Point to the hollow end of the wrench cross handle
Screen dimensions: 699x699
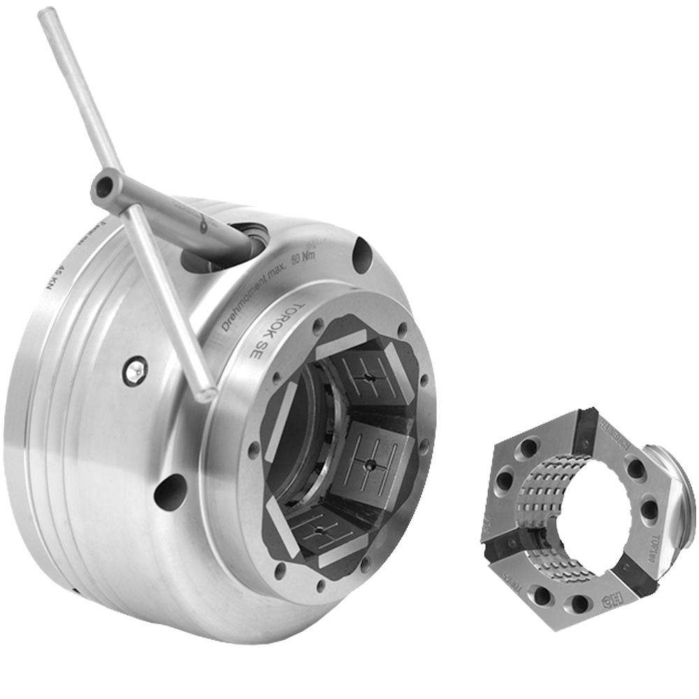coord(104,186)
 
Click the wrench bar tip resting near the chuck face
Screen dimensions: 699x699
coord(205,393)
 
